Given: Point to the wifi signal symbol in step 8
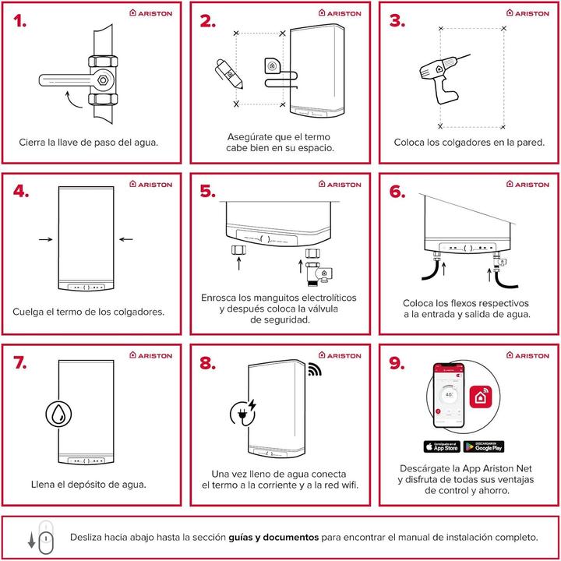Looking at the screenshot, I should pyautogui.click(x=313, y=369).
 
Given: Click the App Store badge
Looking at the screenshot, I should pyautogui.click(x=441, y=446).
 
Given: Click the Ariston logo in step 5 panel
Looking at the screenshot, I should pyautogui.click(x=340, y=185).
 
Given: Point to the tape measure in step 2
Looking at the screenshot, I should pyautogui.click(x=273, y=65).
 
